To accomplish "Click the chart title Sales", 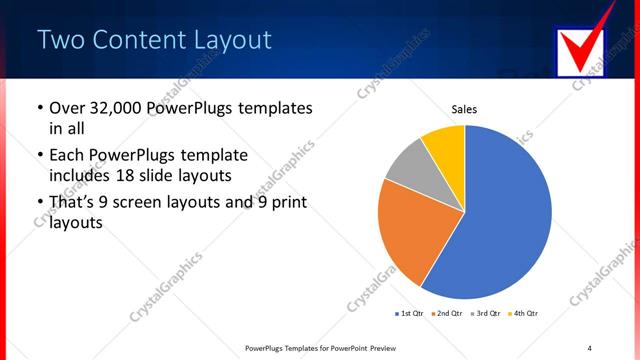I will (465, 109).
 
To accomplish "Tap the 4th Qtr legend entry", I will (524, 314).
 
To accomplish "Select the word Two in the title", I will (60, 40).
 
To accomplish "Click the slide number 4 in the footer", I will (589, 347).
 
